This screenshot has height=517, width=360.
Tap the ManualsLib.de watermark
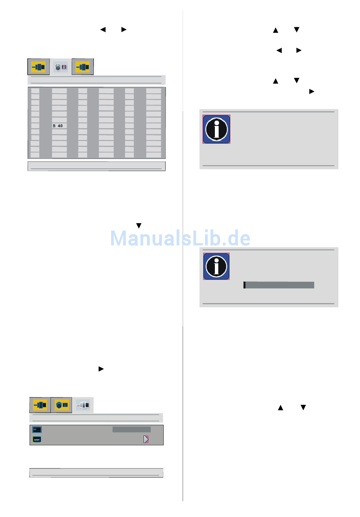(180, 239)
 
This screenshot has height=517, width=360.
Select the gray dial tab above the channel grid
(61, 67)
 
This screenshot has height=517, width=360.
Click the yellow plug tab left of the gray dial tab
(39, 67)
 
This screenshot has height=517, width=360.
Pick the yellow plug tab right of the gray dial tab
(83, 67)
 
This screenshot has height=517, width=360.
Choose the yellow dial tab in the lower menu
(61, 405)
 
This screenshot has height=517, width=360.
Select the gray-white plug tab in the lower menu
(83, 405)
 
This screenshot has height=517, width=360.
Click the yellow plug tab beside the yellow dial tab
(40, 405)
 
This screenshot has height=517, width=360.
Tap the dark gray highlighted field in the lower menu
(131, 429)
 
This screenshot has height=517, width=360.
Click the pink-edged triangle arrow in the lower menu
(146, 439)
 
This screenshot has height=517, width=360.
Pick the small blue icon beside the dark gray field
(37, 430)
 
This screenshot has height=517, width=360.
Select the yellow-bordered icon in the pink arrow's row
(37, 439)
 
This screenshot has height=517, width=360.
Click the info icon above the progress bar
(216, 266)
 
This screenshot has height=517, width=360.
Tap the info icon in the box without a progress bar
(216, 129)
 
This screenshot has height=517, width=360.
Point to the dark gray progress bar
(279, 285)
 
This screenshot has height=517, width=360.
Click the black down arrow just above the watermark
(139, 226)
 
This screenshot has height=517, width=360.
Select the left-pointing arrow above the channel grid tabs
(103, 30)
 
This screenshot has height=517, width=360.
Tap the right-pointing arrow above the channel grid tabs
(124, 30)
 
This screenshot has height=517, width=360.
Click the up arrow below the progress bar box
(280, 408)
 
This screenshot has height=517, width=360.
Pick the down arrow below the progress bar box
(303, 407)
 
